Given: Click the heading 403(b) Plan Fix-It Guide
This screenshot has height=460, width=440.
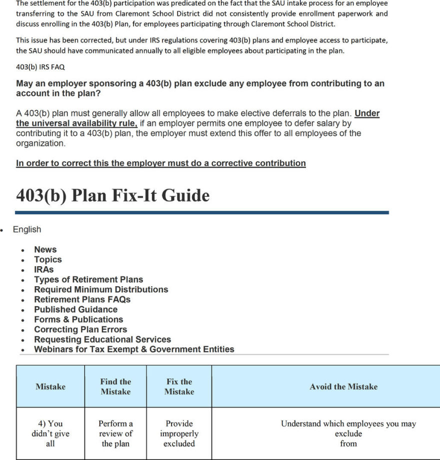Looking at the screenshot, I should click(112, 195).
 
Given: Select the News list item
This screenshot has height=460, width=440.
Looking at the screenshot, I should click(45, 249).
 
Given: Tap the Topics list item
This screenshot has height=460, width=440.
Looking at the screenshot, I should click(47, 259).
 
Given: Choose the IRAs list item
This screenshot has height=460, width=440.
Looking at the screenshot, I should click(43, 269).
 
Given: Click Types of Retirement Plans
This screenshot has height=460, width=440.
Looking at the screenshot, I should click(88, 279).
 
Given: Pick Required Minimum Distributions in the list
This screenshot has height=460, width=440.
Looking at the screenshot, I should click(101, 289).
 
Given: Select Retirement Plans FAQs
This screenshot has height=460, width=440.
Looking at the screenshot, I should click(82, 299).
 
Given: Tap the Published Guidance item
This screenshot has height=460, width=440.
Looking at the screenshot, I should click(75, 309).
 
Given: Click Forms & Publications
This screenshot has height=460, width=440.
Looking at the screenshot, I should click(78, 319).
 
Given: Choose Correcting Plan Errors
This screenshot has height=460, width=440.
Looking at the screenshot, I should click(80, 329).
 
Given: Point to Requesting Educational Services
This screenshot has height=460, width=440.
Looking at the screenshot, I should click(102, 339).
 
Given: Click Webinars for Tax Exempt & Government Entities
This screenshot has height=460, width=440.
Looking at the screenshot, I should click(134, 349).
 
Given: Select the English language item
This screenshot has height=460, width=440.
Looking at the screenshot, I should click(27, 229).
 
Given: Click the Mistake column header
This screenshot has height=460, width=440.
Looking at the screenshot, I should click(50, 387).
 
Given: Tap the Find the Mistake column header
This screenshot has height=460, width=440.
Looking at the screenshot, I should click(115, 387).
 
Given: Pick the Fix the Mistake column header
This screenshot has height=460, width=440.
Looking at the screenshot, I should click(179, 387).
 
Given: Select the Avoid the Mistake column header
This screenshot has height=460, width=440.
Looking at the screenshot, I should click(343, 387).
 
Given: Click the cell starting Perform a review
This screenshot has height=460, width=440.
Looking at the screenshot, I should click(115, 434).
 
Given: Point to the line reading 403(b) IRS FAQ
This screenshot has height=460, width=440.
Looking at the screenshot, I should click(40, 67).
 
